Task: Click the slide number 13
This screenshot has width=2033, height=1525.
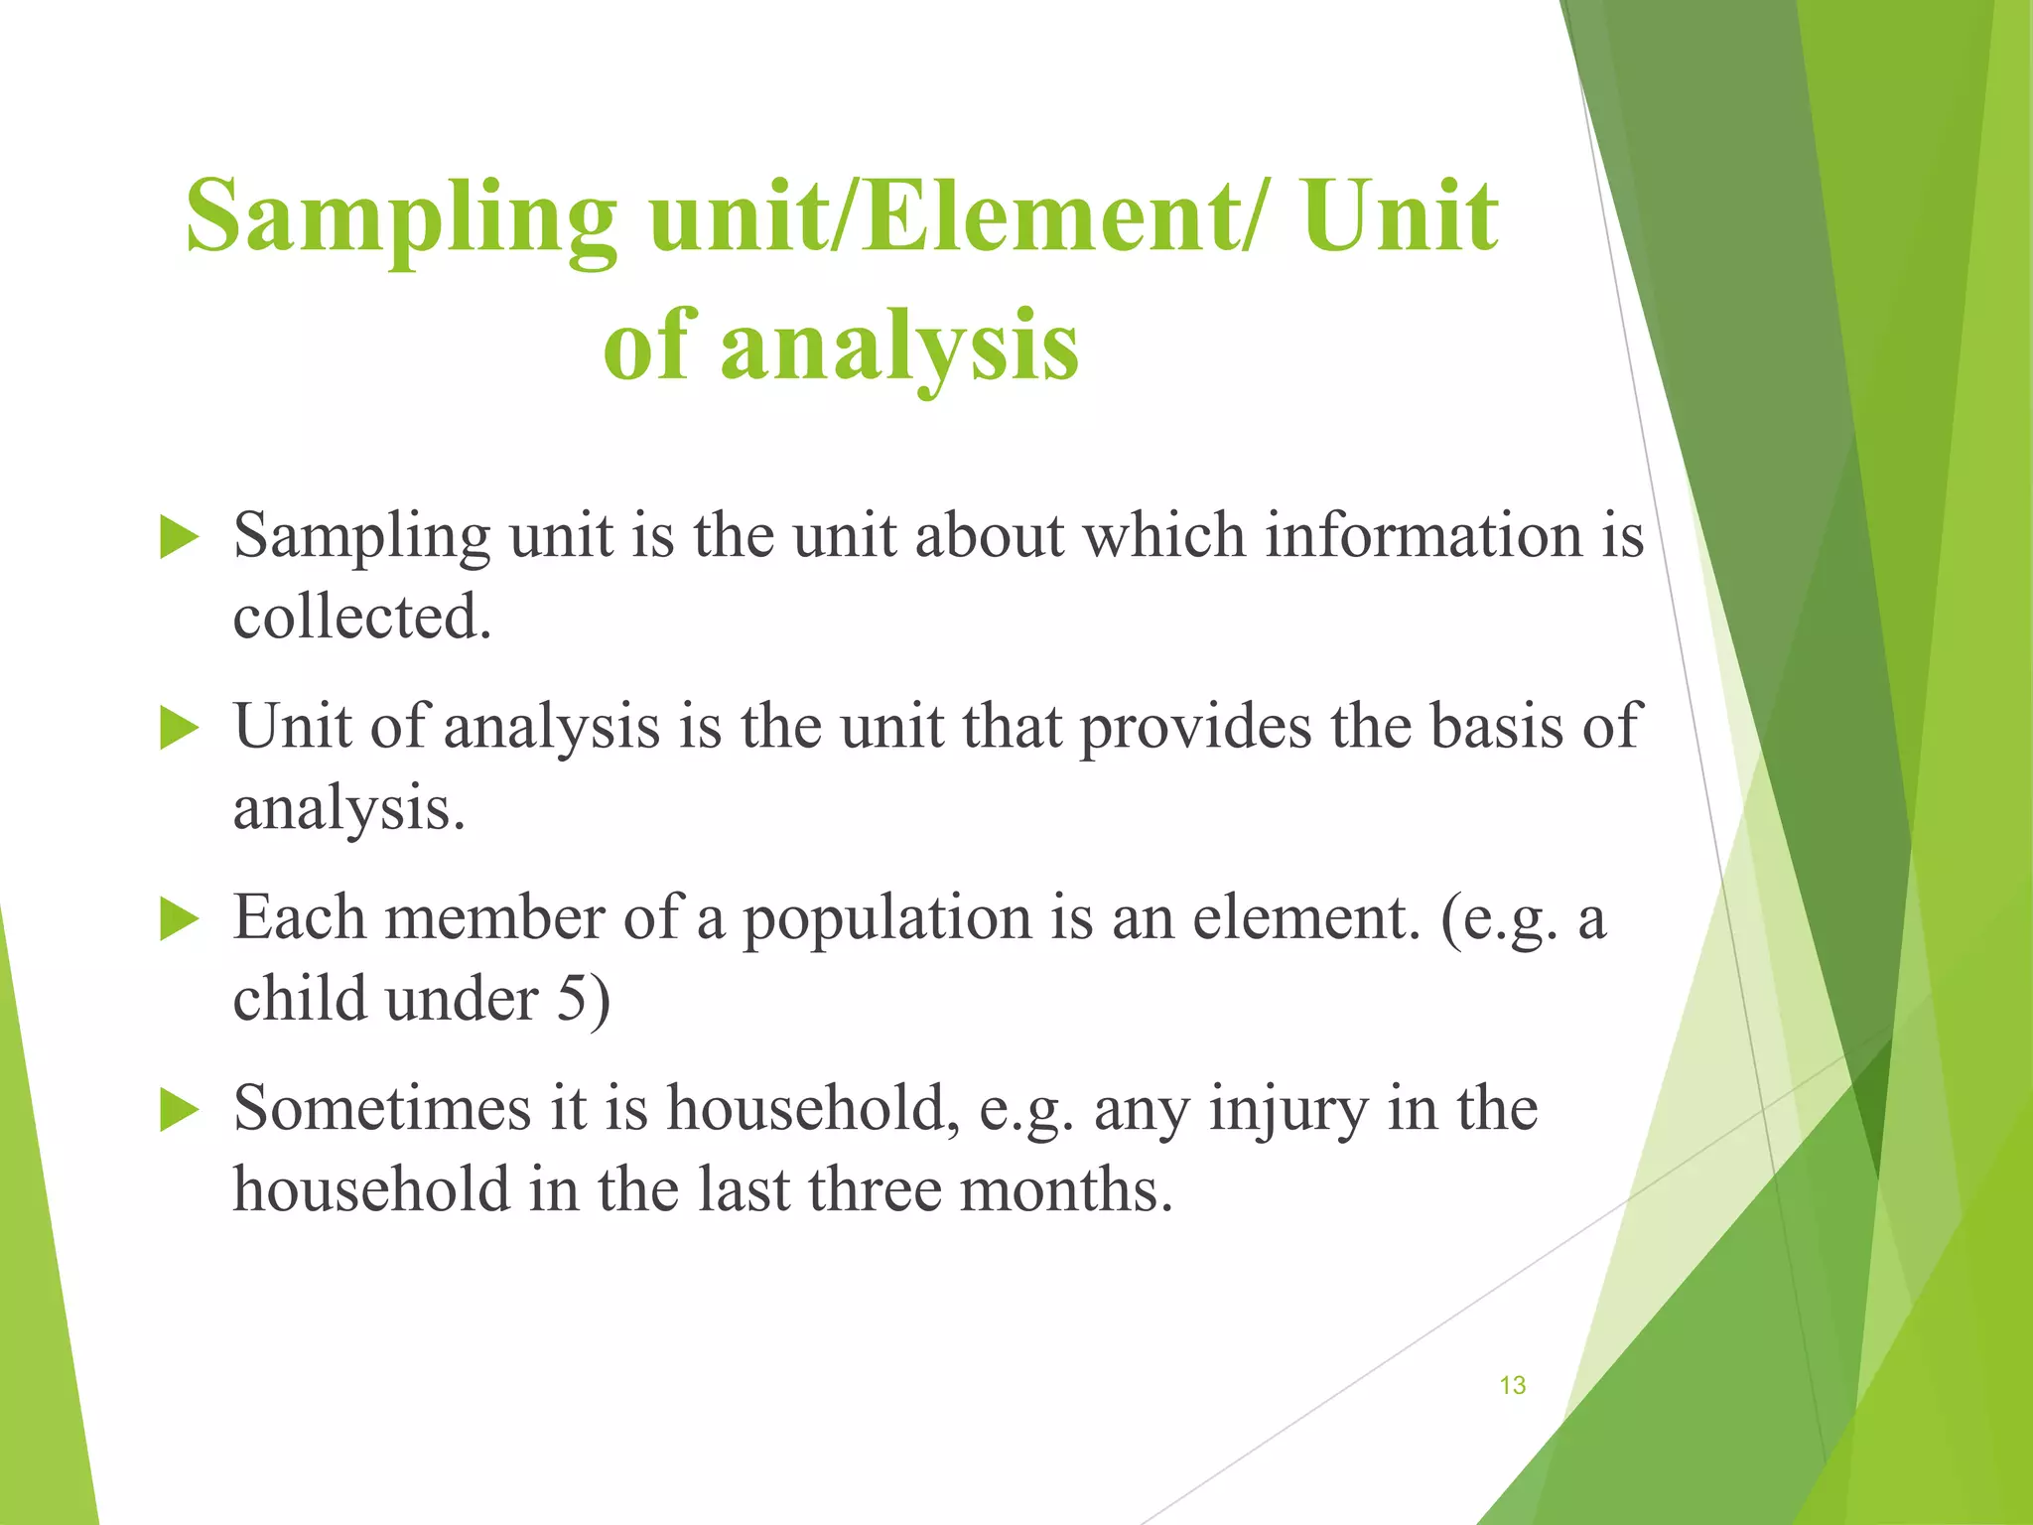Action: click(x=1512, y=1385)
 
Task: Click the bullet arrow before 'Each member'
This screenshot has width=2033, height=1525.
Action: click(x=179, y=919)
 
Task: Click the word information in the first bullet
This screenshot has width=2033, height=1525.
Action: click(x=1423, y=536)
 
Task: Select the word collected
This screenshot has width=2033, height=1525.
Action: click(x=362, y=618)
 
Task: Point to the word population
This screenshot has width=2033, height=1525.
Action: click(x=887, y=919)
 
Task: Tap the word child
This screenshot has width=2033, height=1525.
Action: click(x=300, y=999)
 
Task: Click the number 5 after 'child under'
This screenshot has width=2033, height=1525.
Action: click(x=573, y=999)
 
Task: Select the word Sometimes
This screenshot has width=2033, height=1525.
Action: click(x=382, y=1108)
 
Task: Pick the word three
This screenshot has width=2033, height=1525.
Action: click(x=875, y=1189)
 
